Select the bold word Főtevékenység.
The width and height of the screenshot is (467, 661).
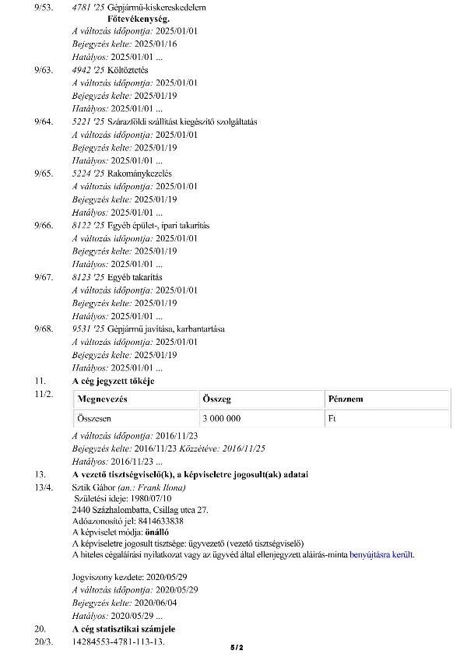[x=127, y=17]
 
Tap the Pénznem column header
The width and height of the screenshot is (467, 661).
[x=346, y=399]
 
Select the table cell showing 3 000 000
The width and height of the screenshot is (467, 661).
[x=221, y=419]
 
